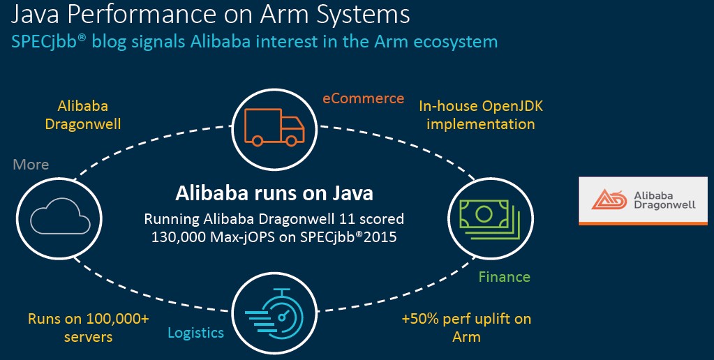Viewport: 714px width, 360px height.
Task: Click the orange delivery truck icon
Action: (x=274, y=127)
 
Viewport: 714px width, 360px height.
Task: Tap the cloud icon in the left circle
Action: (x=61, y=217)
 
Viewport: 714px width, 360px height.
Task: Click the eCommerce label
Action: (x=364, y=98)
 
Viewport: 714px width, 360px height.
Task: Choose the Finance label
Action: (x=505, y=277)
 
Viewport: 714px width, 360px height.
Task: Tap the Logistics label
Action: (x=196, y=333)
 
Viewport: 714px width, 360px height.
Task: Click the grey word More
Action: (x=31, y=164)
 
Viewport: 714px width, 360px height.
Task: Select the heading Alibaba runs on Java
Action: (x=274, y=193)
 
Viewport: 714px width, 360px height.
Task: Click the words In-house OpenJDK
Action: (x=481, y=106)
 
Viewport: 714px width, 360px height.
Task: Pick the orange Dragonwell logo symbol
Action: (x=609, y=200)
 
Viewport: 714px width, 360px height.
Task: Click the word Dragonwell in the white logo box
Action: (x=665, y=205)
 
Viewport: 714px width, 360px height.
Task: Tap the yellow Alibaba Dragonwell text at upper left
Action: (x=83, y=115)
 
